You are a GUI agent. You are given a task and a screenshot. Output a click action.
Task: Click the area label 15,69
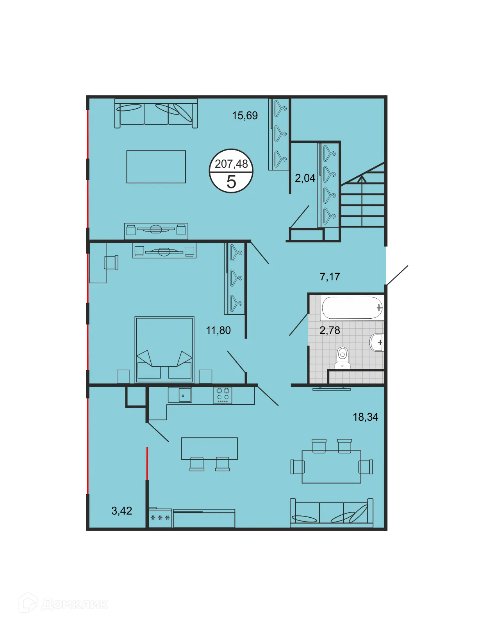click(x=245, y=115)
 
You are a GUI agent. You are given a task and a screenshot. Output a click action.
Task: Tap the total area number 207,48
click(x=231, y=164)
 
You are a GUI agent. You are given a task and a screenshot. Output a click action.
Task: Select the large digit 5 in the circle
click(x=231, y=182)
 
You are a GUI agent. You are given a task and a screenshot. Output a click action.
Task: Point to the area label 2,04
click(x=305, y=178)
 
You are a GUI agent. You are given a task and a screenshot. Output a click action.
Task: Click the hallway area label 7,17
click(x=330, y=277)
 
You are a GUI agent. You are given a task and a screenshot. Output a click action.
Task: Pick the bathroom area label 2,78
click(x=330, y=330)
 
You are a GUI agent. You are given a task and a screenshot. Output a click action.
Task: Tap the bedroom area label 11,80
click(x=218, y=330)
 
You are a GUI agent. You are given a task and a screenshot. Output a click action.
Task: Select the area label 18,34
click(x=366, y=417)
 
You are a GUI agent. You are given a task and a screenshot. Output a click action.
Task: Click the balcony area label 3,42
click(x=121, y=511)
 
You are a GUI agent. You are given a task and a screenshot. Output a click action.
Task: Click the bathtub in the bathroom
click(x=351, y=308)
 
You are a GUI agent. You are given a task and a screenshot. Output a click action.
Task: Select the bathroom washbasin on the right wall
click(x=377, y=343)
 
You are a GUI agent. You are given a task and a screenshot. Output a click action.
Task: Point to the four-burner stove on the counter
click(x=223, y=395)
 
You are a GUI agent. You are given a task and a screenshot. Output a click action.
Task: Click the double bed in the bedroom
click(x=164, y=350)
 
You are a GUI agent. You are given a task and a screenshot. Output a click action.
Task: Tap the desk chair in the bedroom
click(x=111, y=262)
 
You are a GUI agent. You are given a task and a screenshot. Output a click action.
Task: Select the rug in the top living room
click(x=156, y=167)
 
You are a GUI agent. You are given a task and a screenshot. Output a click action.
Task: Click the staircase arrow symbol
click(x=362, y=179)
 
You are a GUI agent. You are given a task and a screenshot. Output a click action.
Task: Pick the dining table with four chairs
click(x=331, y=466)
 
